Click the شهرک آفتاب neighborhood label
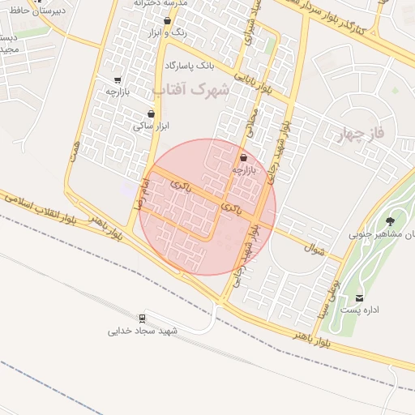(197, 92)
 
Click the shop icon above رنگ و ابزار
(167, 21)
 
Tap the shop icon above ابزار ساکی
(151, 113)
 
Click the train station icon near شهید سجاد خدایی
(143, 317)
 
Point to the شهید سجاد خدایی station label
(143, 332)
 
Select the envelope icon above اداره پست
(360, 297)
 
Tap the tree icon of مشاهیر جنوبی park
(391, 220)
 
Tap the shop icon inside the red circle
(243, 157)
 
